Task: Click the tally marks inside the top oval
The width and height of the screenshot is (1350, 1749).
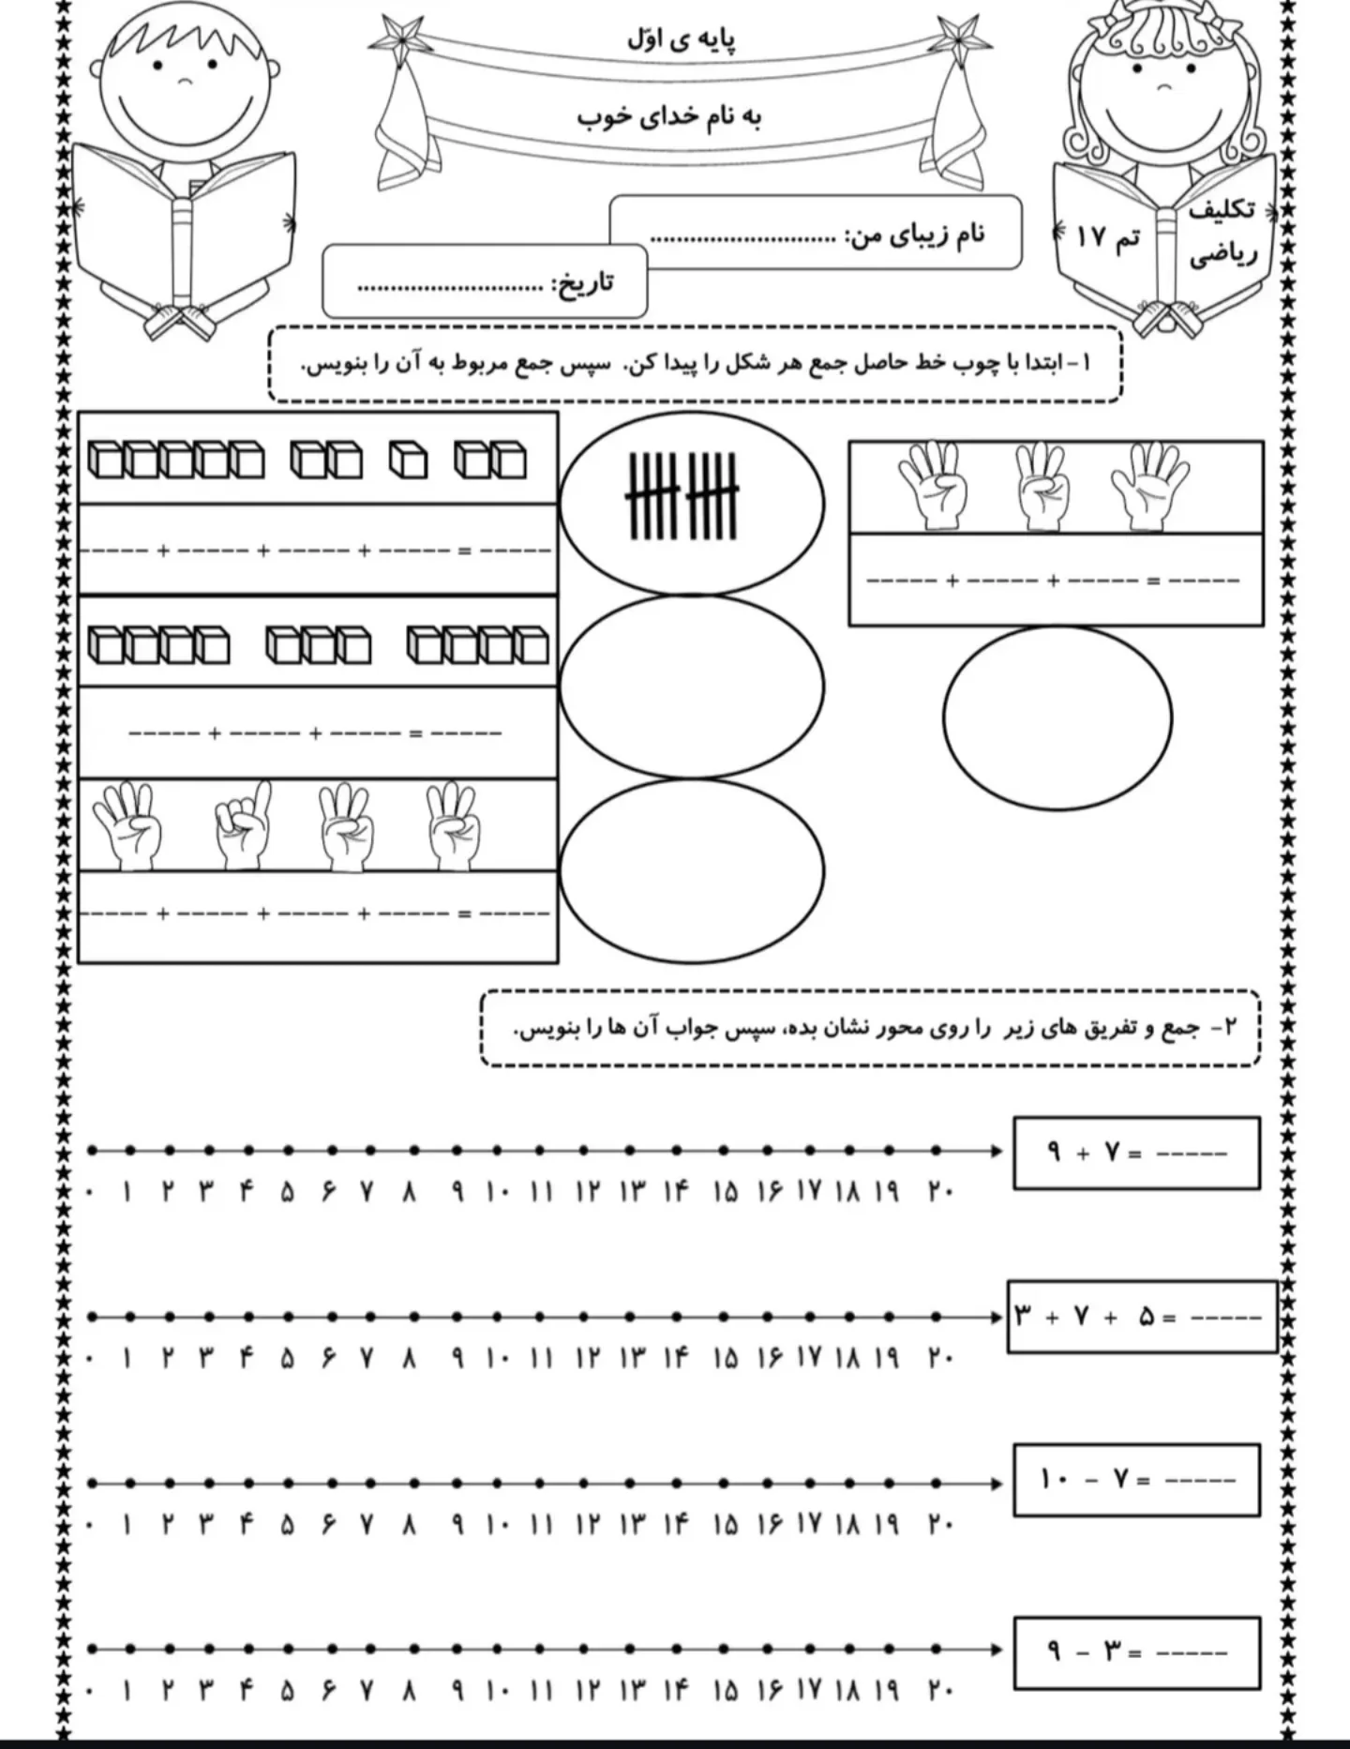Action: coord(682,497)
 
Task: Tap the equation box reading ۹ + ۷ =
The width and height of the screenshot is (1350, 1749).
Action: coord(1136,1153)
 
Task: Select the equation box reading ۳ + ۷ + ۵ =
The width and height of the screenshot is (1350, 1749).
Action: coord(1142,1317)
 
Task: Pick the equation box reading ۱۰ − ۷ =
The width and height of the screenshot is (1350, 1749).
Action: coord(1136,1481)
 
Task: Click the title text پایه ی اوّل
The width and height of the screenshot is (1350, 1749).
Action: coord(681,39)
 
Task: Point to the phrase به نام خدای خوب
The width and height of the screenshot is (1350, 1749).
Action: coord(668,116)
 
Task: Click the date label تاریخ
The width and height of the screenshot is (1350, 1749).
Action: coord(582,282)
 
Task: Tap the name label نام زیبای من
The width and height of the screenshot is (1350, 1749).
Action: coord(915,234)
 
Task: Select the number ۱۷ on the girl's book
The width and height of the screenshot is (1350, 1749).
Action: coord(1091,236)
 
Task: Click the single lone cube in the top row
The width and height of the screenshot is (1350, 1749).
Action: coord(408,460)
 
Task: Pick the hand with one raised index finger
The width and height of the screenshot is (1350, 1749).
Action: coord(242,825)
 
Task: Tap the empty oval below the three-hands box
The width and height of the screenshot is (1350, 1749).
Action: coord(1057,717)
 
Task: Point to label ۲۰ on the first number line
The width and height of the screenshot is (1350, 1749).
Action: coord(940,1192)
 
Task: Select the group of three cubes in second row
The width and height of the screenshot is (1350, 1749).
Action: coord(319,646)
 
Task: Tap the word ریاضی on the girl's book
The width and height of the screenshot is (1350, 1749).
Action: coord(1222,254)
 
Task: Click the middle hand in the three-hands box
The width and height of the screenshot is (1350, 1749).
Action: coord(1042,485)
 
